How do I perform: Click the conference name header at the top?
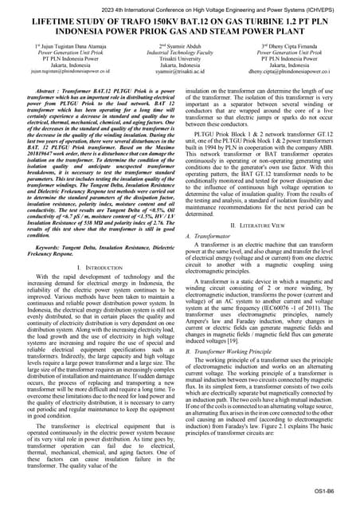pyautogui.click(x=180, y=6)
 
